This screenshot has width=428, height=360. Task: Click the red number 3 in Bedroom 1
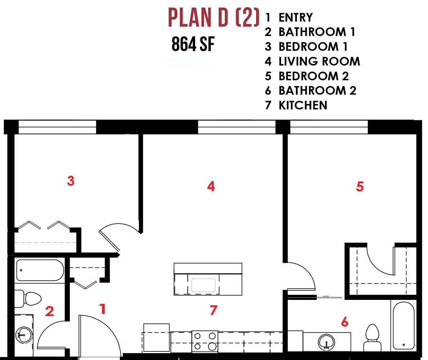(71, 181)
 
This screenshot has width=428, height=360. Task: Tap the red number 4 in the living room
(211, 186)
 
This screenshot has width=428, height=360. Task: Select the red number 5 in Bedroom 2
(360, 186)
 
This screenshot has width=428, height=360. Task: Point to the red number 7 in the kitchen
(213, 310)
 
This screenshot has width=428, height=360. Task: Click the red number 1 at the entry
(103, 309)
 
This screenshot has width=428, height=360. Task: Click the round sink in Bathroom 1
(24, 335)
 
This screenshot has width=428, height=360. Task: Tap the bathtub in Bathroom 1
(40, 270)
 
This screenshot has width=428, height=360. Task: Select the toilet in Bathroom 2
(372, 338)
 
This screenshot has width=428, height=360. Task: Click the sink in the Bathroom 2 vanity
(327, 342)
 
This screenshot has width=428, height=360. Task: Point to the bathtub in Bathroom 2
(404, 325)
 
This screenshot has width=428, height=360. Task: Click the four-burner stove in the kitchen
(205, 341)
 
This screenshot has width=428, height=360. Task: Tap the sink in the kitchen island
(203, 285)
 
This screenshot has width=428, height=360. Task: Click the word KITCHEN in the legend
(303, 105)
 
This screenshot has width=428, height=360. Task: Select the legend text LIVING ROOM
(319, 62)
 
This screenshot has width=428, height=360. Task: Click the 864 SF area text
(193, 44)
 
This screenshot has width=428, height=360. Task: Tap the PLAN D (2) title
(214, 18)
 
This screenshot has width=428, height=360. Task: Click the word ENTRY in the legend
(296, 18)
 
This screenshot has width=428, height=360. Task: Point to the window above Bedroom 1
(57, 127)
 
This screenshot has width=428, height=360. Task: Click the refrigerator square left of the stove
(156, 338)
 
